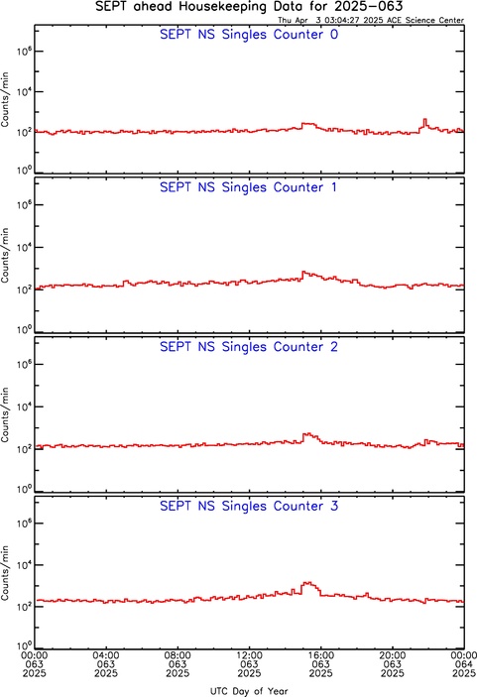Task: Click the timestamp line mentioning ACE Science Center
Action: (x=371, y=20)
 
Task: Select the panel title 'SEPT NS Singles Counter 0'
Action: (x=249, y=35)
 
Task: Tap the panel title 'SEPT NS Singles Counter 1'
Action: (x=248, y=187)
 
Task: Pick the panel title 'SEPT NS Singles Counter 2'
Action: (x=249, y=347)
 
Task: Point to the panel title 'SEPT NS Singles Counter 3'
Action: (x=249, y=506)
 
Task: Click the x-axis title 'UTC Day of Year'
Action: (x=249, y=691)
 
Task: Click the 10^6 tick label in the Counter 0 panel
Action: (x=24, y=52)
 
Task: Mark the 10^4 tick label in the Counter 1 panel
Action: (x=24, y=247)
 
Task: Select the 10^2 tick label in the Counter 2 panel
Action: (x=24, y=448)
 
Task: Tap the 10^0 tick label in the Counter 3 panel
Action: (x=24, y=645)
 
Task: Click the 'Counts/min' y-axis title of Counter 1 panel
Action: (x=5, y=255)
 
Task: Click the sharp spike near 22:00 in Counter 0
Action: (x=425, y=119)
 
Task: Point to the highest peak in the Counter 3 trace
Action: (x=307, y=582)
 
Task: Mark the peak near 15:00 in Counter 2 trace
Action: (x=307, y=433)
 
